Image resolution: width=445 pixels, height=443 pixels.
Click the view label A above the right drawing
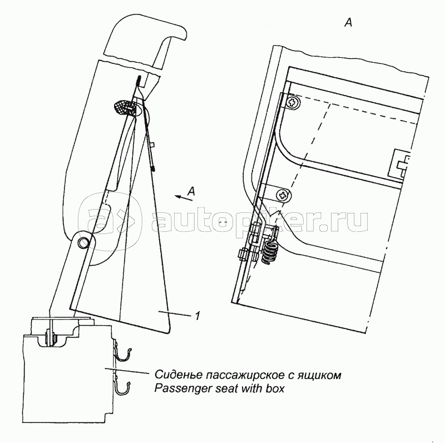point(348,23)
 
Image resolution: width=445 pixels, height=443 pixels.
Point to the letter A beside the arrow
point(191,191)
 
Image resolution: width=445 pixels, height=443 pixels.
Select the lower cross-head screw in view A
point(284,195)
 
